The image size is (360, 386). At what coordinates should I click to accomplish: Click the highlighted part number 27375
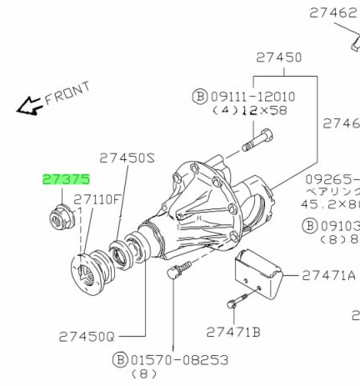tap(66, 179)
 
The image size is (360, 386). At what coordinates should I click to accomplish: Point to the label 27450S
tap(127, 157)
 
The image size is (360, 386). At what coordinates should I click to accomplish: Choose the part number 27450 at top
tap(278, 58)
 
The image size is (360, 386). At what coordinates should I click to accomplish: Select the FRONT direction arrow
tap(29, 106)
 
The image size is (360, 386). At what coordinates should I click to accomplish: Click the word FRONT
tap(67, 93)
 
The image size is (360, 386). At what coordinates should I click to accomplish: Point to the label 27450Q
tap(87, 337)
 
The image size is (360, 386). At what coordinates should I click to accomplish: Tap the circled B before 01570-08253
tap(120, 360)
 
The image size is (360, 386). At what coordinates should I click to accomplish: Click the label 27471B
tap(233, 332)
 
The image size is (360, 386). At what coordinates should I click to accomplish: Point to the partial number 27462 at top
tap(333, 13)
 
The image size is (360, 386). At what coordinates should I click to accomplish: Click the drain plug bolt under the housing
tap(177, 272)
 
